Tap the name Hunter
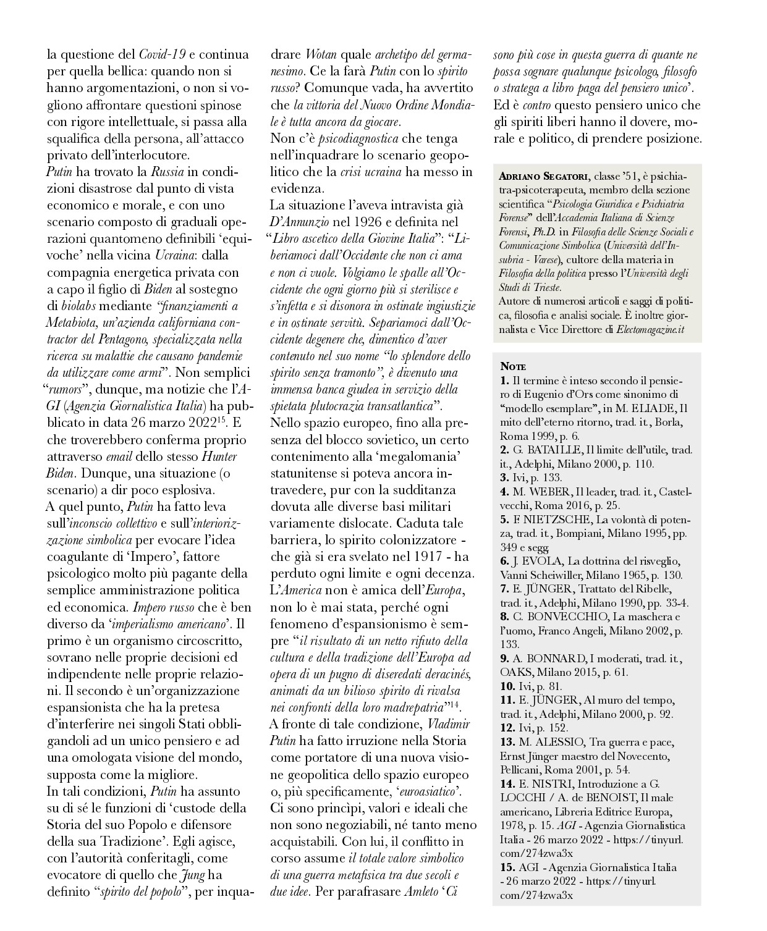[219, 457]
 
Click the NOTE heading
[513, 367]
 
